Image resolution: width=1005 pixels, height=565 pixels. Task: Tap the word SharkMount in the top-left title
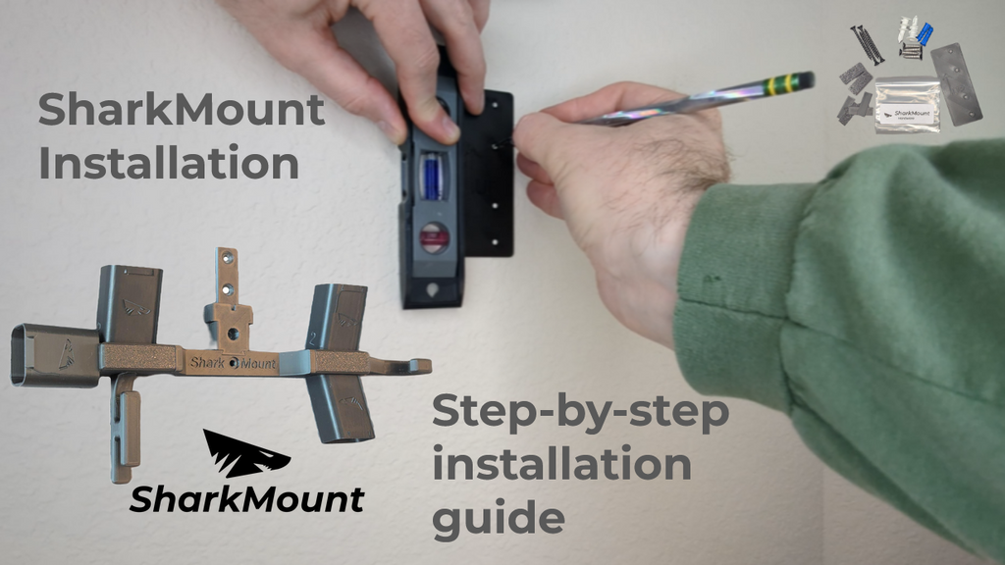pos(182,109)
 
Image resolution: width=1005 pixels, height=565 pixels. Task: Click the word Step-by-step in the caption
pos(581,411)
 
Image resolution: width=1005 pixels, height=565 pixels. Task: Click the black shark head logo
pos(246,453)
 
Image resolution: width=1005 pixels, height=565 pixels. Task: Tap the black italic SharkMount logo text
pos(246,499)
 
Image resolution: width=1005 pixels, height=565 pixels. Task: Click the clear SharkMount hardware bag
pos(907,105)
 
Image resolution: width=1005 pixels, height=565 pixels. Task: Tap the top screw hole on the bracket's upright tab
pos(227,258)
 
